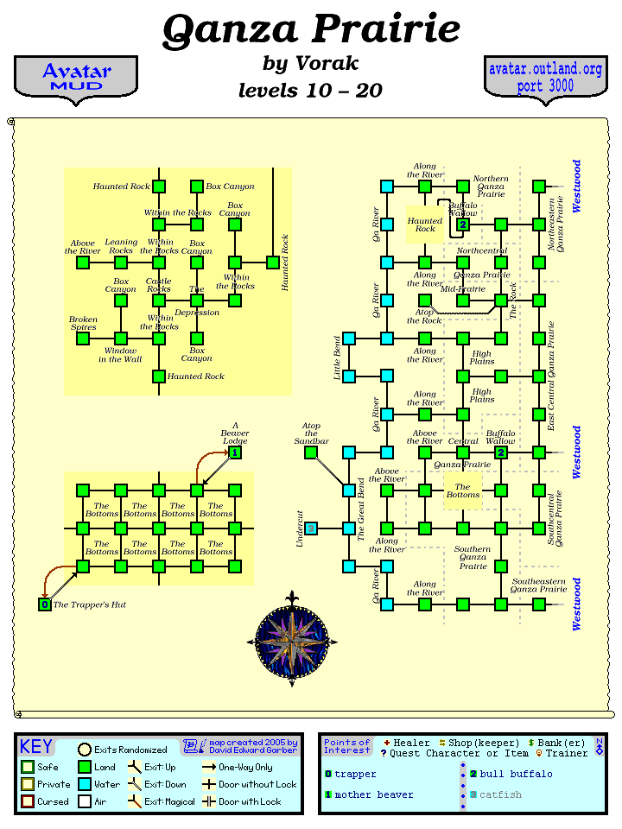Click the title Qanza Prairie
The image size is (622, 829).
[x=311, y=31]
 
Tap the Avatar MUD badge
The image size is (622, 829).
[x=76, y=78]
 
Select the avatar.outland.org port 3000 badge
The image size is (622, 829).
[x=545, y=78]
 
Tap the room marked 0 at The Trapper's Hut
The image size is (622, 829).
[x=45, y=604]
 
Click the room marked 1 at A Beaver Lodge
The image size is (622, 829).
[x=234, y=452]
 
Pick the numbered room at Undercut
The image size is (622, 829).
[x=311, y=528]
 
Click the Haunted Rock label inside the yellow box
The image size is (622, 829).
[x=425, y=225]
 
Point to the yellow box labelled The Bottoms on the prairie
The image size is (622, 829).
[x=462, y=490]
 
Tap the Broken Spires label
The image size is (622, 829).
[x=83, y=323]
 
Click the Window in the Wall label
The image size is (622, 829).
[x=120, y=354]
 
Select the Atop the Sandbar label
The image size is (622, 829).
[x=311, y=433]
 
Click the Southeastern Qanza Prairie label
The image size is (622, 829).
[x=538, y=585]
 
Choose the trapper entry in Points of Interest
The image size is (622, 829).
[x=355, y=774]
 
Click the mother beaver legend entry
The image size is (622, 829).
[x=373, y=794]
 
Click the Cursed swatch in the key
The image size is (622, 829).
[x=28, y=802]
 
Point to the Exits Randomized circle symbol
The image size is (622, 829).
[x=85, y=750]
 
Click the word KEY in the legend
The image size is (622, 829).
[x=36, y=747]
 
